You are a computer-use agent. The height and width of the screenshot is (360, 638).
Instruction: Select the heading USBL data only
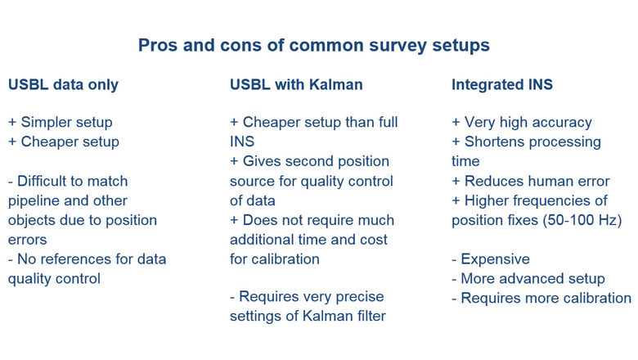(63, 84)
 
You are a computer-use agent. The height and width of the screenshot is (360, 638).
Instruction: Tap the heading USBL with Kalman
(296, 84)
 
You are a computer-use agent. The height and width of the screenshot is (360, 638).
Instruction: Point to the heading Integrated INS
(502, 84)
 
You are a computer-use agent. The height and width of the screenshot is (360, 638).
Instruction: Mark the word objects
(32, 220)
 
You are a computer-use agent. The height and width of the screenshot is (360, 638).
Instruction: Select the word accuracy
(560, 122)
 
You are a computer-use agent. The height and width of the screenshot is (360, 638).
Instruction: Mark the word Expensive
(495, 259)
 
